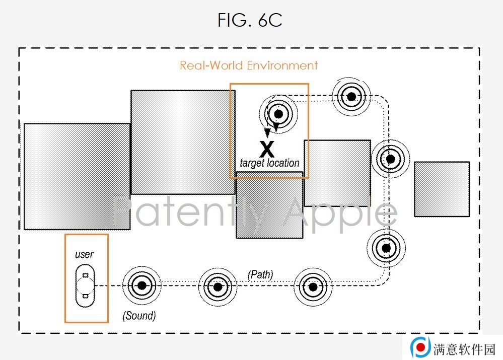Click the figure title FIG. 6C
[250, 20]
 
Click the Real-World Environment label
[249, 65]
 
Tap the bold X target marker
[267, 149]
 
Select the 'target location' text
[269, 163]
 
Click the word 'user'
[84, 254]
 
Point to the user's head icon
[85, 285]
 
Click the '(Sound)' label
[139, 316]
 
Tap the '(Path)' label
[260, 274]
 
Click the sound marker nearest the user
[142, 285]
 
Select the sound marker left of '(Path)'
[218, 286]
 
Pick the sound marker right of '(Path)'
[313, 287]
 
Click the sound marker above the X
[278, 114]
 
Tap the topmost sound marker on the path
[351, 96]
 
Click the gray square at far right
[442, 189]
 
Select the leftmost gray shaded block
[77, 176]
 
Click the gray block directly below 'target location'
[269, 205]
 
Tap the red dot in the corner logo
[421, 347]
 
